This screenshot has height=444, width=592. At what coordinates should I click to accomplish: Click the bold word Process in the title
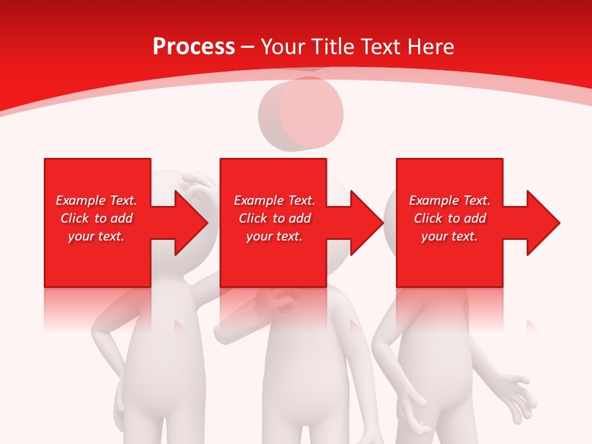(x=194, y=47)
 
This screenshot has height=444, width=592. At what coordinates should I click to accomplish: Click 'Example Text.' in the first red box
(x=96, y=200)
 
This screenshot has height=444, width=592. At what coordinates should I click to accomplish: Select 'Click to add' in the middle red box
(x=274, y=218)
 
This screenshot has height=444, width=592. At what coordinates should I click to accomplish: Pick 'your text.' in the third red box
(x=450, y=236)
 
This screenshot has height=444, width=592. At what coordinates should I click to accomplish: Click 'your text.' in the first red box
(x=96, y=236)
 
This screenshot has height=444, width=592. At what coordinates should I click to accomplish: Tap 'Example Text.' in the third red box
(x=450, y=200)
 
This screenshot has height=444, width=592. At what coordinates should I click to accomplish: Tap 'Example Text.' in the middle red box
(x=274, y=200)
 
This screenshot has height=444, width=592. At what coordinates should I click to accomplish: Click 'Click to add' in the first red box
(x=96, y=218)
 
